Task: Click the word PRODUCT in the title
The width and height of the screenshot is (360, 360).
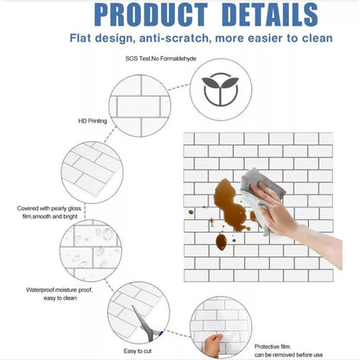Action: tap(151, 15)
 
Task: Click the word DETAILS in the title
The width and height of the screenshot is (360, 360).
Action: tap(270, 15)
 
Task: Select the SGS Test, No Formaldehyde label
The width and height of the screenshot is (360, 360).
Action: tap(161, 59)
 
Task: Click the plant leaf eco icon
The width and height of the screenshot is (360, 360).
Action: tap(221, 89)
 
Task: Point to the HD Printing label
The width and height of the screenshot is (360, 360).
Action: tap(93, 121)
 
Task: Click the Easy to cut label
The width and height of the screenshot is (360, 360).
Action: tap(138, 351)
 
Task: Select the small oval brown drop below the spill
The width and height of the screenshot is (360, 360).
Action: tap(222, 242)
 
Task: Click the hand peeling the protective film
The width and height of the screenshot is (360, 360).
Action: tap(213, 345)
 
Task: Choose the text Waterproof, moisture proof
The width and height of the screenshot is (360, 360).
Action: tap(59, 290)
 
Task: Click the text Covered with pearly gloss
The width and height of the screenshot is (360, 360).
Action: tap(49, 209)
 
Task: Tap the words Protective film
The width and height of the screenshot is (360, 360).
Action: tap(273, 347)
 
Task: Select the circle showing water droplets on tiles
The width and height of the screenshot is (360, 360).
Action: tap(91, 250)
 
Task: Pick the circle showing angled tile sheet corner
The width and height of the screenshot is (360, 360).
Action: tap(92, 172)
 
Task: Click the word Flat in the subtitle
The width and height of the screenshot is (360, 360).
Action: tap(80, 38)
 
